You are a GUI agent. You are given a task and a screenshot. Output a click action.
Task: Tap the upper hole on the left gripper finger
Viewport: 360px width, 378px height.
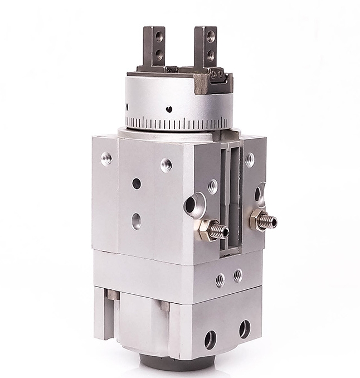(x=159, y=37)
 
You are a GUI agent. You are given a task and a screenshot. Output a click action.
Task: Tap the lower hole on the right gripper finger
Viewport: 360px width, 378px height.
(x=211, y=55)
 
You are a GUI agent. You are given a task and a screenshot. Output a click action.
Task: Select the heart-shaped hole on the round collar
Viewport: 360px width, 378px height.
(x=169, y=109)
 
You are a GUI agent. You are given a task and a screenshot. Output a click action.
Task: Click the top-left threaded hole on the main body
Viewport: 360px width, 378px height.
(x=106, y=158)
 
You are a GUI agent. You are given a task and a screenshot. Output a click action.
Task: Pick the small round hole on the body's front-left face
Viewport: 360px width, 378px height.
(x=137, y=183)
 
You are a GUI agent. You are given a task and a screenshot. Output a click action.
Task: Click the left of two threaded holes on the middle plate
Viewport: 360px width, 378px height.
(x=220, y=279)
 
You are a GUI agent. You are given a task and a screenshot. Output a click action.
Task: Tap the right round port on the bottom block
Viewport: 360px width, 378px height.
(x=244, y=329)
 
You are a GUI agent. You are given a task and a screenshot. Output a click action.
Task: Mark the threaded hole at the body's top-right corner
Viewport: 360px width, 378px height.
(x=249, y=160)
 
